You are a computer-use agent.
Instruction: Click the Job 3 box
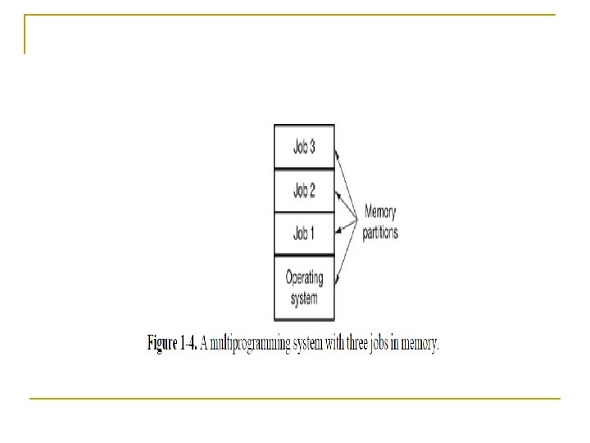pyautogui.click(x=304, y=148)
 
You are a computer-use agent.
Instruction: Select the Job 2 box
pyautogui.click(x=304, y=191)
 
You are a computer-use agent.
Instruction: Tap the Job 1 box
pyautogui.click(x=304, y=234)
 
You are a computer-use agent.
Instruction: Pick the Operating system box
pyautogui.click(x=304, y=287)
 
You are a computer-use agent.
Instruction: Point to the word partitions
pyautogui.click(x=380, y=232)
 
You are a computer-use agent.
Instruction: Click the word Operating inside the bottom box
pyautogui.click(x=304, y=277)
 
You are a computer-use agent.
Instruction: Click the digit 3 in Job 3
pyautogui.click(x=311, y=148)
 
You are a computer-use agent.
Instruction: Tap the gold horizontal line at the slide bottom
pyautogui.click(x=295, y=398)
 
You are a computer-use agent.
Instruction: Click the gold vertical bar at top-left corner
pyautogui.click(x=25, y=34)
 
